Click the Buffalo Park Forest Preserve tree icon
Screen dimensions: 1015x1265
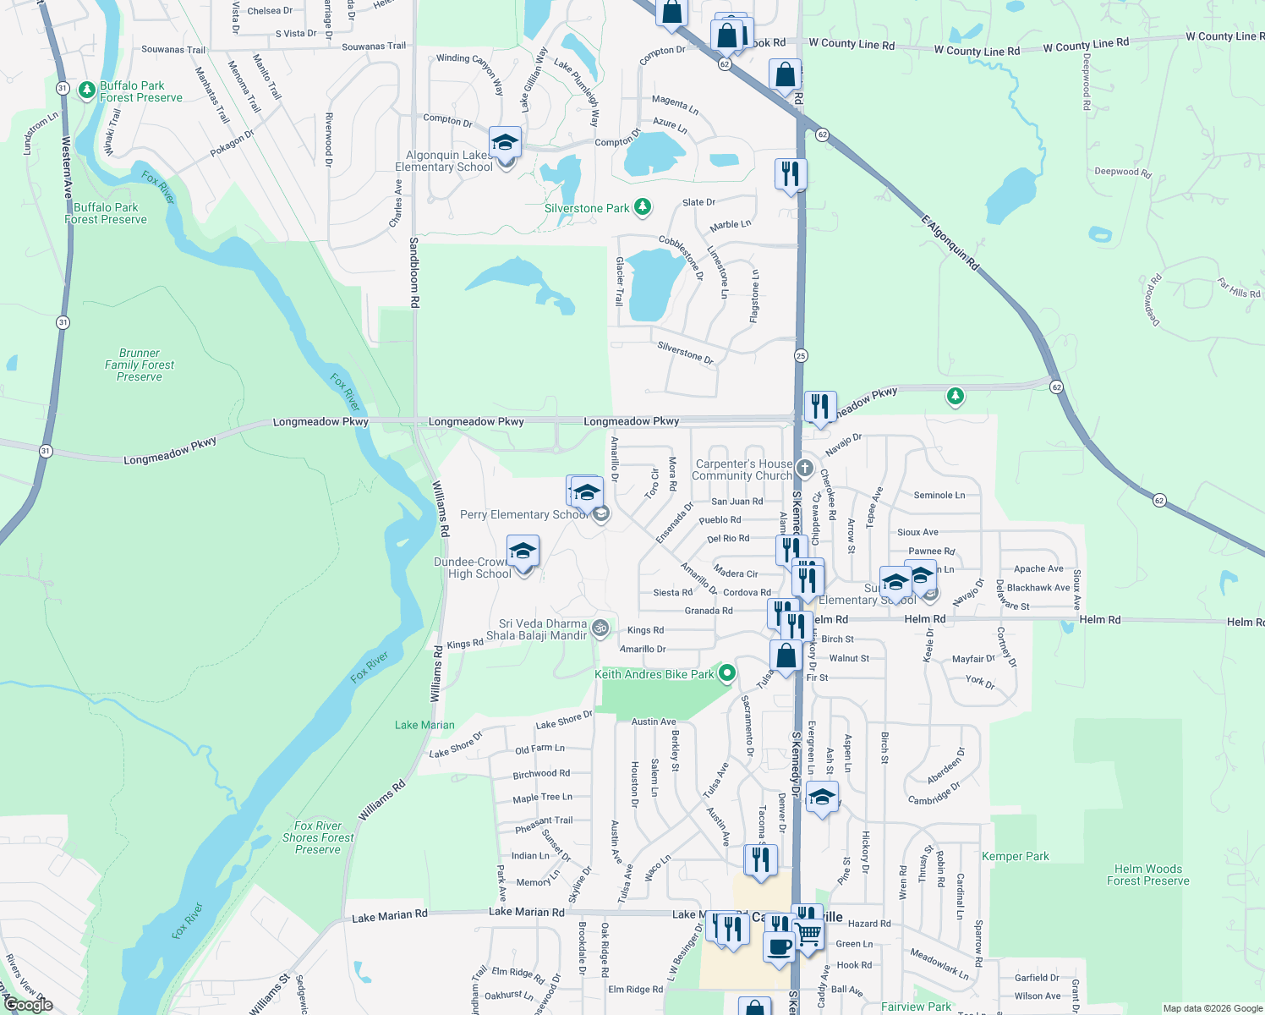[x=86, y=90]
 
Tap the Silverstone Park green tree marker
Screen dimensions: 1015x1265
[x=643, y=207]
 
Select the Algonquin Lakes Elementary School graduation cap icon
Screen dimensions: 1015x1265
[x=505, y=143]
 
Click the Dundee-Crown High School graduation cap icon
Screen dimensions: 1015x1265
[x=523, y=552]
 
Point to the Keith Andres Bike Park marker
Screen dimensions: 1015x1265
[x=726, y=673]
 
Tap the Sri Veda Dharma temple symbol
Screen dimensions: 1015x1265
[x=600, y=628]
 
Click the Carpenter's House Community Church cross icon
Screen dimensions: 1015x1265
[x=804, y=468]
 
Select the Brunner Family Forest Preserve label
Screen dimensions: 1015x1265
[x=140, y=365]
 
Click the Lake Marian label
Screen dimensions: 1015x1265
[x=424, y=725]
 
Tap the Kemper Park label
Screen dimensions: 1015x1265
[x=1015, y=856]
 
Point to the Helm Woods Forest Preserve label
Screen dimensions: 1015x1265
[x=1147, y=875]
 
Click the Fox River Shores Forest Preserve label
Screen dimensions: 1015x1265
[x=318, y=837]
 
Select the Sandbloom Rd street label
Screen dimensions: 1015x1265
[x=414, y=272]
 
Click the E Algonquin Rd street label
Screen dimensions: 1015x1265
[x=950, y=244]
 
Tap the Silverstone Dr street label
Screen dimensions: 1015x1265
[x=685, y=353]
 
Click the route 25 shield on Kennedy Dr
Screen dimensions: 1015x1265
[x=801, y=355]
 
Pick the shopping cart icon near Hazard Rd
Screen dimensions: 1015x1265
[x=808, y=933]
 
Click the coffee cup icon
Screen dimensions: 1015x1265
[x=778, y=946]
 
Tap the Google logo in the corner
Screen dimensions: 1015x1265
[x=28, y=1005]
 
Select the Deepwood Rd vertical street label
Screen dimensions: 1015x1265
[x=1087, y=82]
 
